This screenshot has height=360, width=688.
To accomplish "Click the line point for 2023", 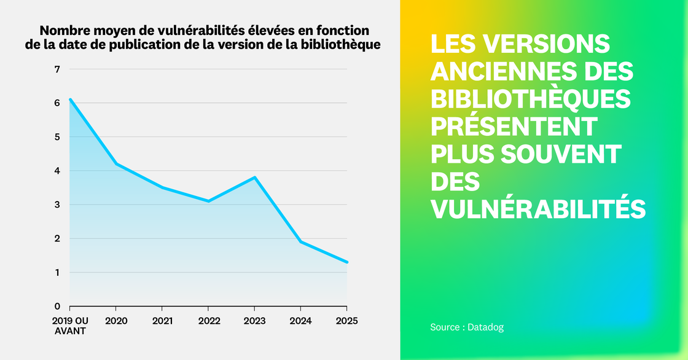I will pos(254,178).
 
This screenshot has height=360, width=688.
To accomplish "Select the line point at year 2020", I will pos(116,164).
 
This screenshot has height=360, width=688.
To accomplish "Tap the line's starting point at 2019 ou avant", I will pos(70,100).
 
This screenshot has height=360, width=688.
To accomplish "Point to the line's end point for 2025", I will pos(347,262).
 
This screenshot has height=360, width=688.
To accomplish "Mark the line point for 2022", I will pos(208,201).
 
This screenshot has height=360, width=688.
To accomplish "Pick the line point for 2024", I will pos(300,242).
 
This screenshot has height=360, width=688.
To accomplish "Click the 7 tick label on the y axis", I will pos(57,69).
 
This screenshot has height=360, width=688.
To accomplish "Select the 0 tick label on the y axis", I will pos(57,307).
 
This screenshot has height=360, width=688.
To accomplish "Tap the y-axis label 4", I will pos(57,171).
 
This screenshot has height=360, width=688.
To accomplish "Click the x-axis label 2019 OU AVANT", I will pos(69,326).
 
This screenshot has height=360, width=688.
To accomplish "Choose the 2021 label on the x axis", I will pos(162,321).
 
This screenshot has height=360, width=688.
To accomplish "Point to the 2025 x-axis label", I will pos(346,321).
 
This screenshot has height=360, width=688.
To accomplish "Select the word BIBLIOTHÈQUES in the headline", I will pos(530,98).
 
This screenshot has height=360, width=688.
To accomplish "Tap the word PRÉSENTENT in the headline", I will pos(514,126).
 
